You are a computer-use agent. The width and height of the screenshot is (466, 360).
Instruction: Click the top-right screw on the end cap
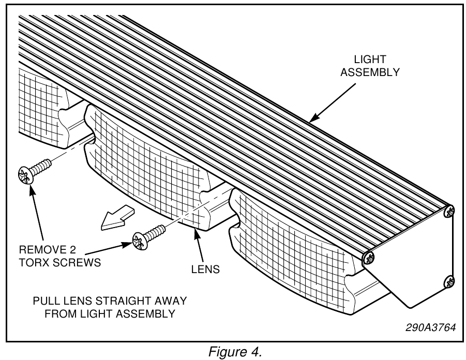tap(450, 211)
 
